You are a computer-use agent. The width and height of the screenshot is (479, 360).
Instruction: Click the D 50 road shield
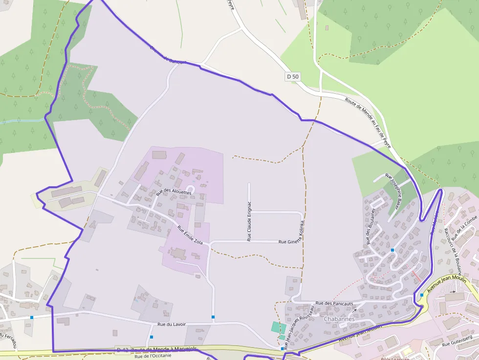292,77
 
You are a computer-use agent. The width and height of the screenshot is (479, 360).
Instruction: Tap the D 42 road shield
122,350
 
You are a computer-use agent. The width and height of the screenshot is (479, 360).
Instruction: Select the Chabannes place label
339,319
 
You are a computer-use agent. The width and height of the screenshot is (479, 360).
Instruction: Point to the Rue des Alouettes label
174,192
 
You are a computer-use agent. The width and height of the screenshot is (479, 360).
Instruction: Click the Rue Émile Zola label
190,235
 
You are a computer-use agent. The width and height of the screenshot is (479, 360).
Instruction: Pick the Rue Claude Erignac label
249,221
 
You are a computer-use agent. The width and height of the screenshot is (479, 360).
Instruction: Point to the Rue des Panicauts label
334,303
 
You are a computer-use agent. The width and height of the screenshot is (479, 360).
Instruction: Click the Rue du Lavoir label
172,324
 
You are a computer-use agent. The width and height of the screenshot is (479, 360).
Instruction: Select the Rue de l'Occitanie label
152,356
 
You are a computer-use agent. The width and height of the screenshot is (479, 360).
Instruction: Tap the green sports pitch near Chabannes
279,327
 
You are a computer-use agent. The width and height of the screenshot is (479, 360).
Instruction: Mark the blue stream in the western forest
22,121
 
